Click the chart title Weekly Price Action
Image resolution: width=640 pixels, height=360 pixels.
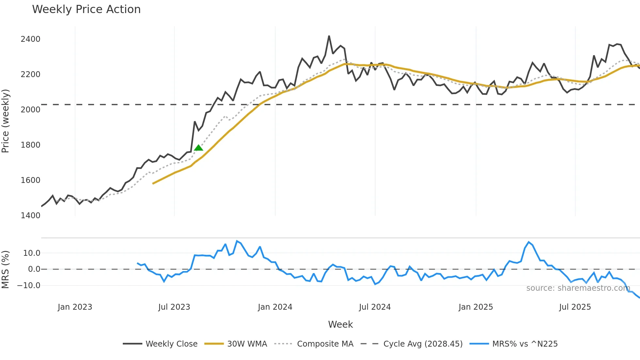point(86,9)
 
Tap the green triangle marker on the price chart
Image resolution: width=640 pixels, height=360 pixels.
point(199,148)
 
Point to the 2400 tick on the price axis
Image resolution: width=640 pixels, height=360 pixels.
point(30,39)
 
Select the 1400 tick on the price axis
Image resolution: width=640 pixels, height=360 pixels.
point(30,216)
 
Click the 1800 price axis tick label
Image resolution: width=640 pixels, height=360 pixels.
point(30,145)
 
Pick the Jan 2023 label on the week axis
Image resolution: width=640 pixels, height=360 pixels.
point(75,307)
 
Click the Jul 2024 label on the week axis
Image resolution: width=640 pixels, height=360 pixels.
point(375,307)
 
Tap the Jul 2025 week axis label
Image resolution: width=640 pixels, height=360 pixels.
point(575,307)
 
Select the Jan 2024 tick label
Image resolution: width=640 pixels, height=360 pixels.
point(275,307)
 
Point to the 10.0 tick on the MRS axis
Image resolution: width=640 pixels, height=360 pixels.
point(32,253)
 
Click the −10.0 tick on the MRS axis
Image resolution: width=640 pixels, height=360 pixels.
point(29,286)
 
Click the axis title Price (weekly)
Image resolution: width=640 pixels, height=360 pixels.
point(6,121)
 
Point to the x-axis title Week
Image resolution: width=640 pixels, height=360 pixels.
point(340,324)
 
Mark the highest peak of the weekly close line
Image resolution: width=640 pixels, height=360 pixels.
point(329,36)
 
